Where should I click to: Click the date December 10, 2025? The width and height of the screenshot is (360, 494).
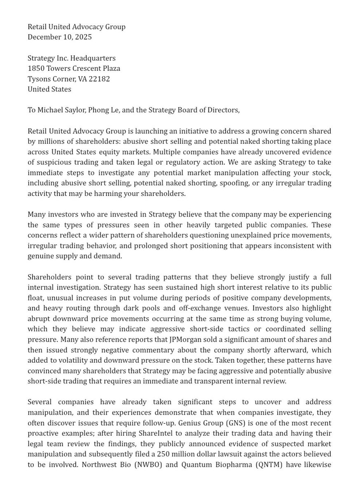tap(60, 37)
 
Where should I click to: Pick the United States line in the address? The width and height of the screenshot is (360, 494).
tap(49, 89)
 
